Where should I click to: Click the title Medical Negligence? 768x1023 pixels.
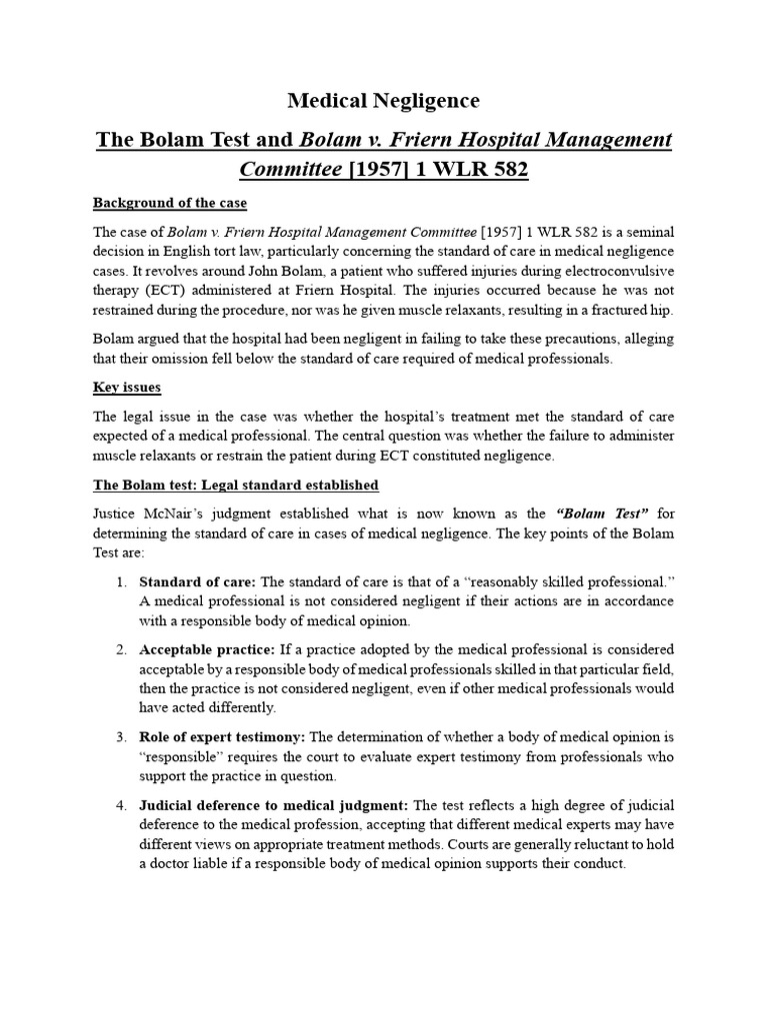point(384,101)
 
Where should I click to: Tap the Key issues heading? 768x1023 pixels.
point(127,387)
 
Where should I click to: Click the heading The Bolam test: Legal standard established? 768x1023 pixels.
point(236,485)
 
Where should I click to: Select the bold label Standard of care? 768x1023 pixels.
point(197,581)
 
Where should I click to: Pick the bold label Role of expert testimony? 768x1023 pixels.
point(223,737)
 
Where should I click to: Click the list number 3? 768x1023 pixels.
point(120,737)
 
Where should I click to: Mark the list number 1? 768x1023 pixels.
point(120,581)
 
